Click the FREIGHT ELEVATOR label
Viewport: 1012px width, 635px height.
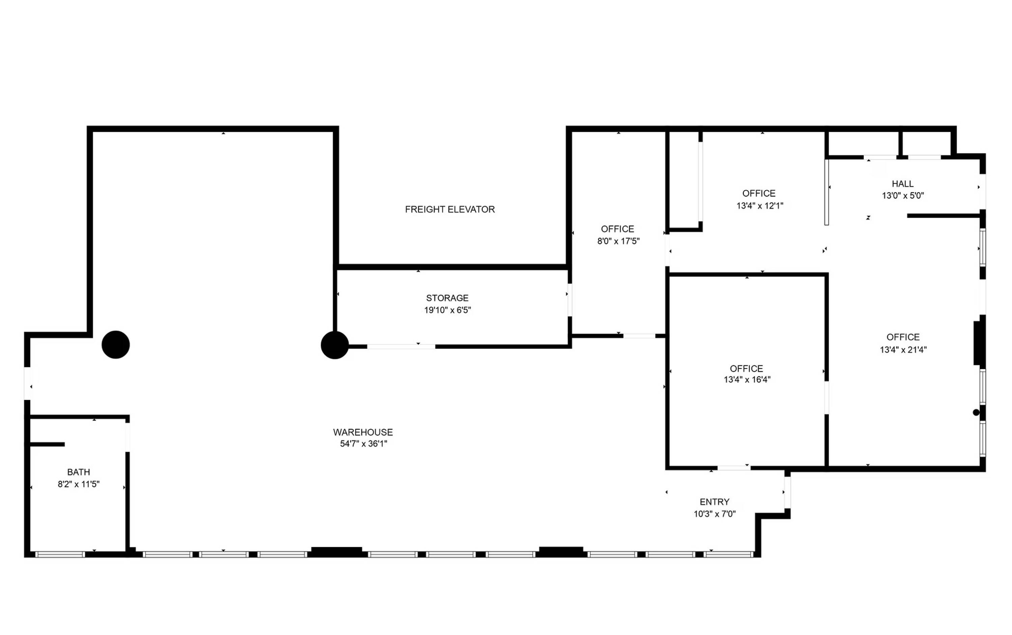point(450,209)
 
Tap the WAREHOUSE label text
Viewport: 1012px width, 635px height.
point(363,432)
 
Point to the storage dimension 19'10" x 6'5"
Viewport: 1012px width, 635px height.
point(448,310)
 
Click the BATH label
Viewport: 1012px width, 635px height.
point(79,472)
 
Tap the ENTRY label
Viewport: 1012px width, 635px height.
point(714,502)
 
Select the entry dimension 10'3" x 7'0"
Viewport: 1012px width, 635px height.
point(715,514)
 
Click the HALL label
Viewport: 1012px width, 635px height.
point(903,184)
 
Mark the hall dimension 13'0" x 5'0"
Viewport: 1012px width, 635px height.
point(903,195)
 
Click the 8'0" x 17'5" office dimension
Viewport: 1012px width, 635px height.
point(619,241)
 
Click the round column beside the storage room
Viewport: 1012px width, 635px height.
point(335,345)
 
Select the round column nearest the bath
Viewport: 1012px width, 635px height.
point(116,345)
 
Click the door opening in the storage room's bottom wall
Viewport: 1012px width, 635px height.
point(401,346)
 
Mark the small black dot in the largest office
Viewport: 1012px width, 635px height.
point(976,413)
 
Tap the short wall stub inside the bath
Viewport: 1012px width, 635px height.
point(48,444)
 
